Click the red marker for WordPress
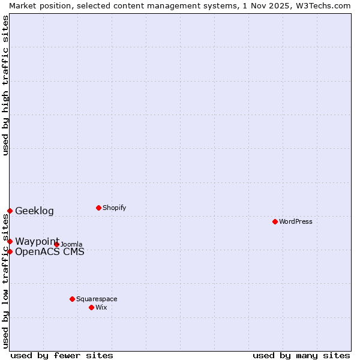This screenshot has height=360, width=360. click(x=275, y=221)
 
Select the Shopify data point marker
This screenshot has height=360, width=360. click(x=98, y=208)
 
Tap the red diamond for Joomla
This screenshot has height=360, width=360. click(x=56, y=244)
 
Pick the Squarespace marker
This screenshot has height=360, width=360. click(x=72, y=299)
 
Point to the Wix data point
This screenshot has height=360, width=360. click(x=91, y=307)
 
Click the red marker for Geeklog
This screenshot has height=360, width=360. click(x=10, y=211)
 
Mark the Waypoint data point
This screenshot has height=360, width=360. click(x=10, y=241)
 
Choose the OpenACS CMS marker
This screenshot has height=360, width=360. click(x=10, y=251)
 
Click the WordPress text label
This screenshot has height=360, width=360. click(x=296, y=221)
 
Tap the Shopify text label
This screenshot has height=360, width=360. click(x=115, y=208)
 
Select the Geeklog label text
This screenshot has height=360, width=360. click(x=34, y=211)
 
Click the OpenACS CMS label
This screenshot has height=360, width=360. click(x=50, y=251)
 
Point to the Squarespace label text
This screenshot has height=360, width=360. click(x=97, y=299)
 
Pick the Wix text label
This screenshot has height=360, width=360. click(x=101, y=307)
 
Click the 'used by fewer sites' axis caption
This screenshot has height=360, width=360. click(x=62, y=355)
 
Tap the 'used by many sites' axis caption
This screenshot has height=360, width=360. click(x=301, y=355)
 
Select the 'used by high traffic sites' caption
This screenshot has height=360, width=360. click(x=5, y=85)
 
